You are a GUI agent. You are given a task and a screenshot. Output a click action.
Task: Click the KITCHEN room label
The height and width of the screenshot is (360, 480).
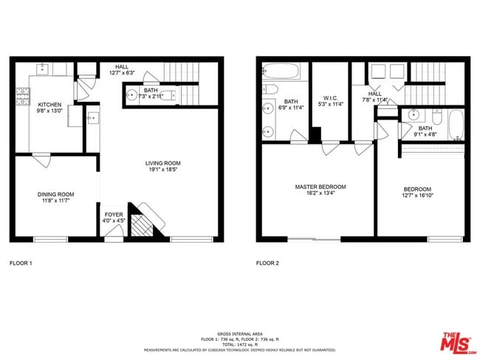pos(49,105)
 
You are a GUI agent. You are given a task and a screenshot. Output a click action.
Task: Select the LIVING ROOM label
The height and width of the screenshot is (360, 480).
pos(162,164)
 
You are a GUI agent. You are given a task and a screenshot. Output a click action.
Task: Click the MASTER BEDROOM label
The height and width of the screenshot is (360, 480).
pos(320,187)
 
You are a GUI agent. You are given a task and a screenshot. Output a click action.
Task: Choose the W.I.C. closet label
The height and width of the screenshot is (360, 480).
pos(330,97)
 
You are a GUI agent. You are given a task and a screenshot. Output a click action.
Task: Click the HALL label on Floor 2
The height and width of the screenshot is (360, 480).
pos(375,94)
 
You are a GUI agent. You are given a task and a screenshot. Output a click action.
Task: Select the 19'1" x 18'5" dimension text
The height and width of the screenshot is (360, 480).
pos(162,170)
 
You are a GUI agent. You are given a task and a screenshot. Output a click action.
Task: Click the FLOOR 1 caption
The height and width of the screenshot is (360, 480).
pos(20,263)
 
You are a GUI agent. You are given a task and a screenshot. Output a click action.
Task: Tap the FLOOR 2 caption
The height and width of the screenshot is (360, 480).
pos(268,263)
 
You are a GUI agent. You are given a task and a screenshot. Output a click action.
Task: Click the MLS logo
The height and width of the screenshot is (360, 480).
pos(458,342)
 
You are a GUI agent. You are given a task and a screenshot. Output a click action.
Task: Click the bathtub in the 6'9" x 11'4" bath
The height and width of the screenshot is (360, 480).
pos(281,72)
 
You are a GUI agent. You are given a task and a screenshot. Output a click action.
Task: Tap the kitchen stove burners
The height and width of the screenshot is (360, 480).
pos(20,96)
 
